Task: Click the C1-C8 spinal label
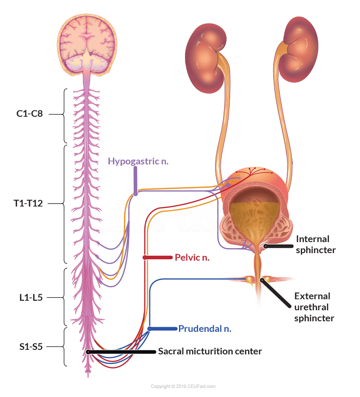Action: [30, 114]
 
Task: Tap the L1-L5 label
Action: [30, 297]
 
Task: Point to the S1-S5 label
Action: [30, 346]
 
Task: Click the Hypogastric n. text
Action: [138, 161]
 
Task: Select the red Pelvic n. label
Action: [192, 258]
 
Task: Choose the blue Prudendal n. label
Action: [205, 329]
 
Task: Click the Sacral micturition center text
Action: [210, 351]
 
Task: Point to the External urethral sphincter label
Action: [314, 307]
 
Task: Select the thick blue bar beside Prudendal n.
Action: [163, 329]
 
